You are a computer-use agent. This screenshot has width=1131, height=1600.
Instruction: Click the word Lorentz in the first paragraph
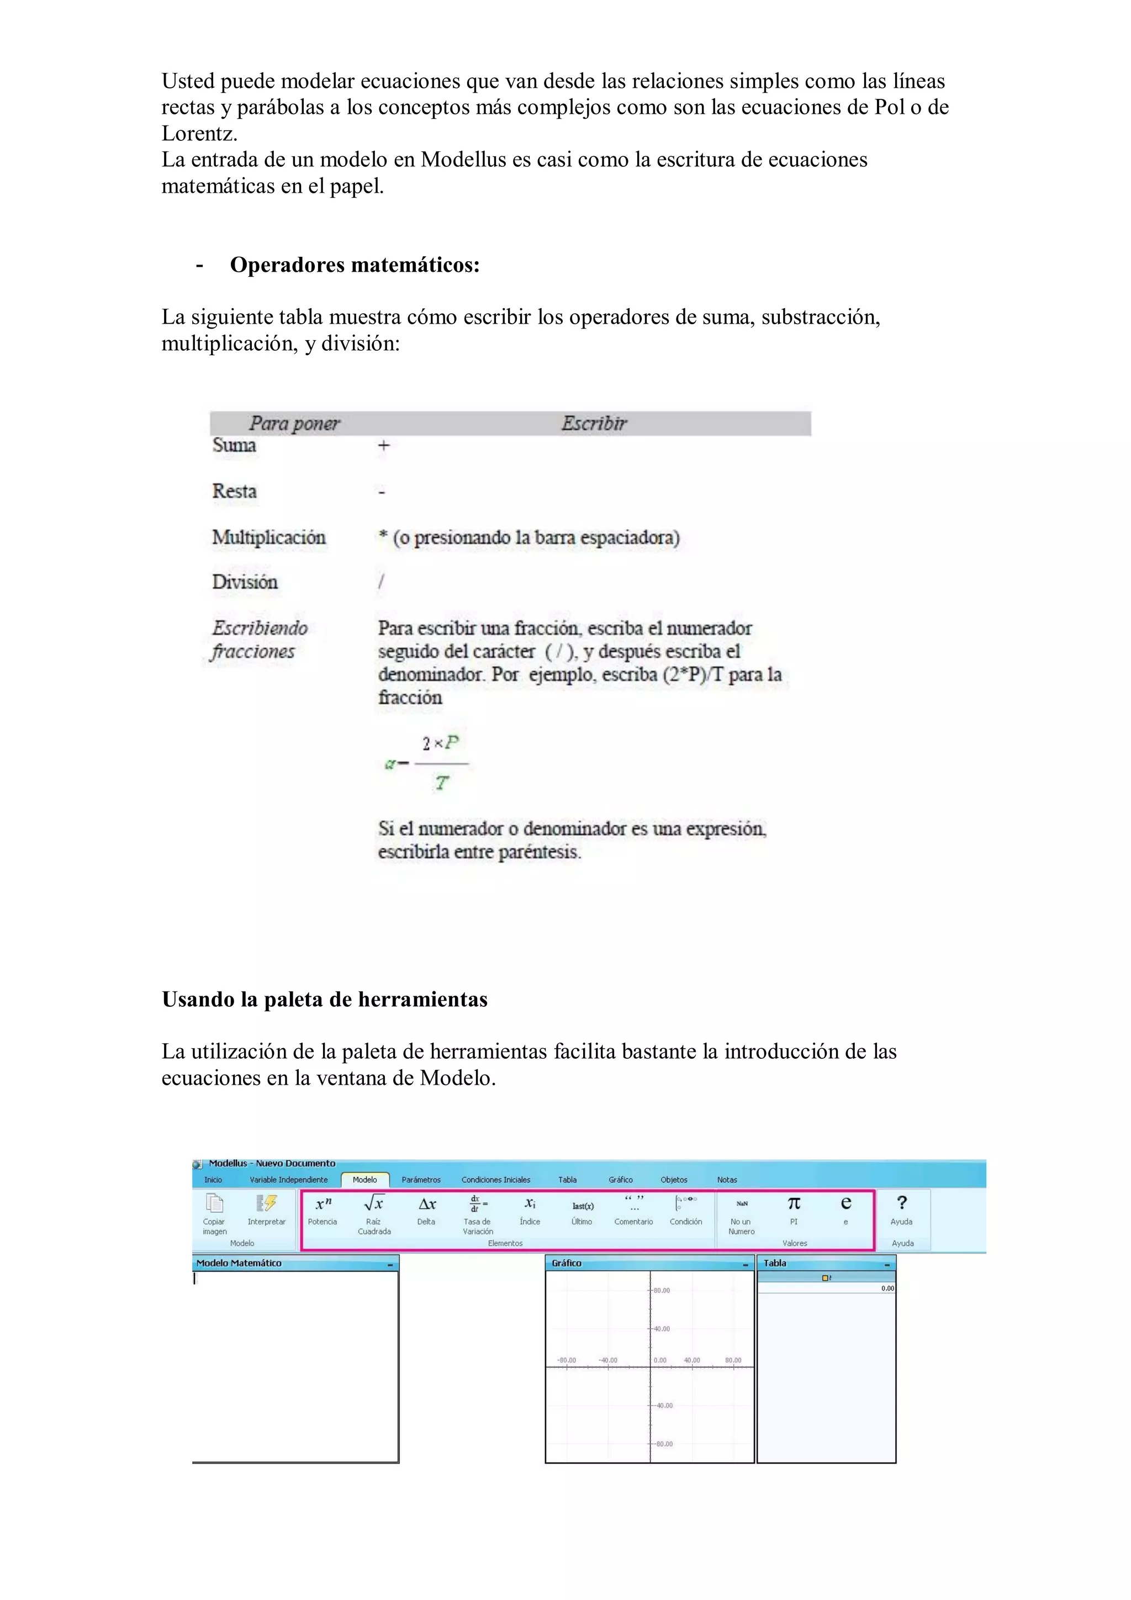coord(199,133)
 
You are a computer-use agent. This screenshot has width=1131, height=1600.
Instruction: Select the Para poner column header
coord(294,423)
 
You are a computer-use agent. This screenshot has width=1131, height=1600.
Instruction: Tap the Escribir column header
coord(594,423)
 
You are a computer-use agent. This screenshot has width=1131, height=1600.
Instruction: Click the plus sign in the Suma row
coord(383,445)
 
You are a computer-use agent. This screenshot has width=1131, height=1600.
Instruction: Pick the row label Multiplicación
coord(268,537)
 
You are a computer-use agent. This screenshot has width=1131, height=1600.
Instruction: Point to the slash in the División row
coord(380,581)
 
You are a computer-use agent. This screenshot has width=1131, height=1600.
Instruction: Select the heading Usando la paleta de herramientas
coord(325,999)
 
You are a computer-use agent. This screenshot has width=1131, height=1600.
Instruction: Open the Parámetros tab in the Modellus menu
coord(421,1180)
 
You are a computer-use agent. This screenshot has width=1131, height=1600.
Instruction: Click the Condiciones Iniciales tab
coord(495,1180)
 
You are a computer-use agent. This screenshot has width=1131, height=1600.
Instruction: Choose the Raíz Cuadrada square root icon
coord(374,1203)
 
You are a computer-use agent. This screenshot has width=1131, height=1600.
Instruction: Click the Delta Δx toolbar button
coord(426,1204)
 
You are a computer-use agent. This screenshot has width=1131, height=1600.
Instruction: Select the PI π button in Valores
coord(794,1203)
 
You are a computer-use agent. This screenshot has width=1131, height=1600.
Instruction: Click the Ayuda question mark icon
coord(902,1203)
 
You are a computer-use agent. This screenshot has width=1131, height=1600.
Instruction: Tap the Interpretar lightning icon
coord(266,1203)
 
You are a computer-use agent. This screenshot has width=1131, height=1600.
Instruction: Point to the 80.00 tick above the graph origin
coord(662,1291)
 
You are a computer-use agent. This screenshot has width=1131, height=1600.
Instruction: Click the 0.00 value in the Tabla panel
coord(887,1289)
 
